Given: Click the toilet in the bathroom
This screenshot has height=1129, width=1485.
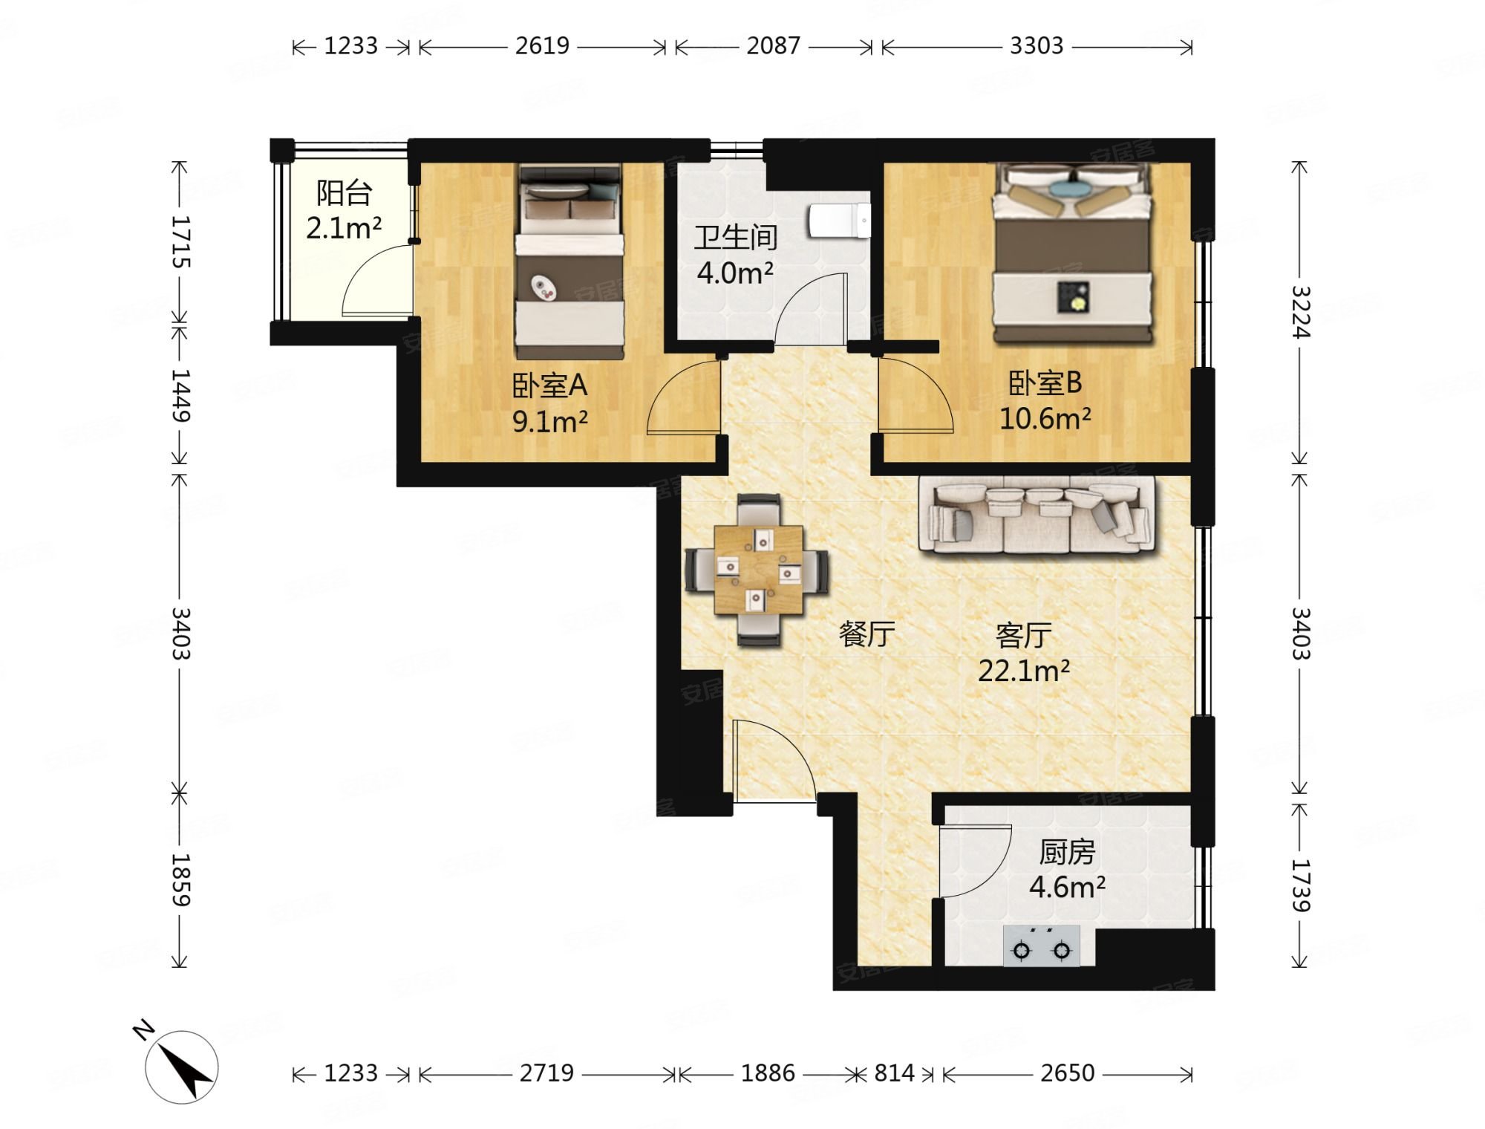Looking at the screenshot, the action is (840, 221).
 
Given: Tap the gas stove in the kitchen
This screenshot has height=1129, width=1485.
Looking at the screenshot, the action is (1042, 946).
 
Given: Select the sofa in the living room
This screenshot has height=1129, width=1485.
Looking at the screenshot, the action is (1037, 514).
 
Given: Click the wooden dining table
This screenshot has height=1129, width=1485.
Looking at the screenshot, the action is (758, 570).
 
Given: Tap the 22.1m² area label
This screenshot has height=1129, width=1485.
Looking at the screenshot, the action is (1024, 671).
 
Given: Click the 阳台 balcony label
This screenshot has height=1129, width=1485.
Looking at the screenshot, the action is (344, 193).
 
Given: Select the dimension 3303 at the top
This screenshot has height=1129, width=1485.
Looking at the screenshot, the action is (1037, 46).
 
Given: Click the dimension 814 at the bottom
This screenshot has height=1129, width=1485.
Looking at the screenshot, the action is (894, 1073).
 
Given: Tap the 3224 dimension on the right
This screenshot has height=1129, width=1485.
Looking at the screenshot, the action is (1301, 312).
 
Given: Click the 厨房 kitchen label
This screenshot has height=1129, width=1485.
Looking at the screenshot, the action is (1067, 853).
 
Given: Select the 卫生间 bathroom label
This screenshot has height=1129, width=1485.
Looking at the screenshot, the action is (736, 238).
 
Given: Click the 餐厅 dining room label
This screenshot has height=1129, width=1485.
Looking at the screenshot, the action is (866, 634).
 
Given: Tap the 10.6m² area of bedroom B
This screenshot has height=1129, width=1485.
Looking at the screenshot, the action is (1045, 420).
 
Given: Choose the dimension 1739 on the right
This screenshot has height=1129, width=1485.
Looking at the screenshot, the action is (1301, 885).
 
